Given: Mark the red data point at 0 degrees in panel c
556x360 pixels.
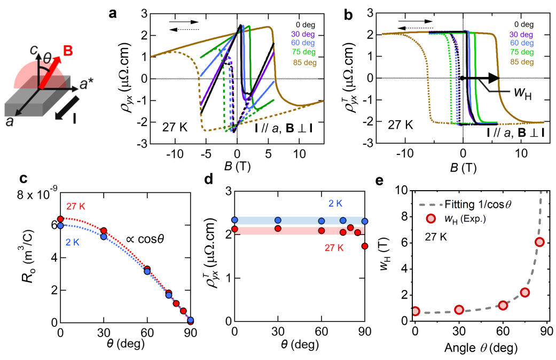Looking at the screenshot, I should [60, 219].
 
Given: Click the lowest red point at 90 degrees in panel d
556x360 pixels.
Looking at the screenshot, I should [364, 246].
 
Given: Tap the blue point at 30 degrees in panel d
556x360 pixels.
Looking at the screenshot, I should [278, 220].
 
